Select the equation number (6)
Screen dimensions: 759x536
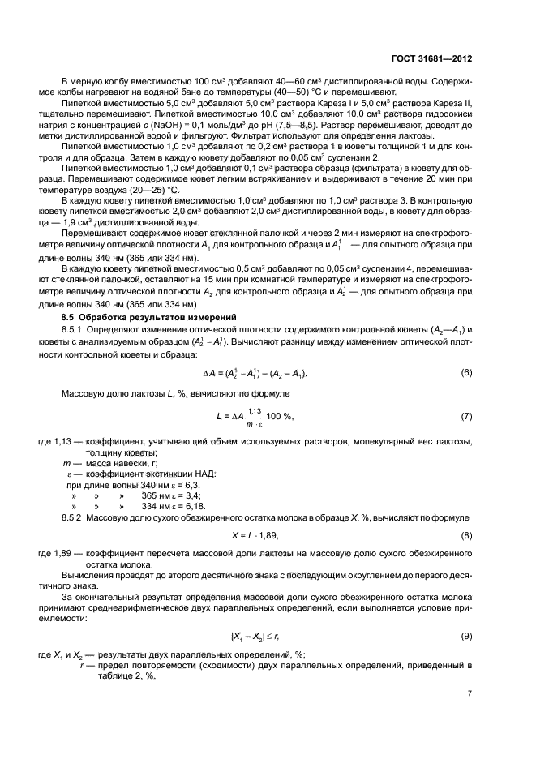[x=466, y=372]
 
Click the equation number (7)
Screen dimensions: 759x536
[x=466, y=416]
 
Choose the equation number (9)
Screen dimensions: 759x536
[x=466, y=637]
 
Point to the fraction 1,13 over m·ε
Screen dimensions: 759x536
[x=255, y=416]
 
